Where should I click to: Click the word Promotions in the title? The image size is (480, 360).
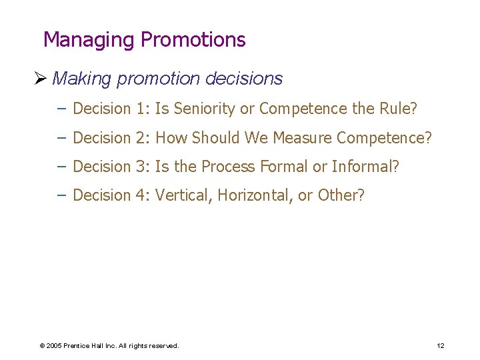pyautogui.click(x=193, y=40)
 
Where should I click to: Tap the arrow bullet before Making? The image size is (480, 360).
pyautogui.click(x=44, y=79)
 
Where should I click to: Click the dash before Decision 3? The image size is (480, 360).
pyautogui.click(x=62, y=167)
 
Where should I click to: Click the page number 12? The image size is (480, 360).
pyautogui.click(x=440, y=345)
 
